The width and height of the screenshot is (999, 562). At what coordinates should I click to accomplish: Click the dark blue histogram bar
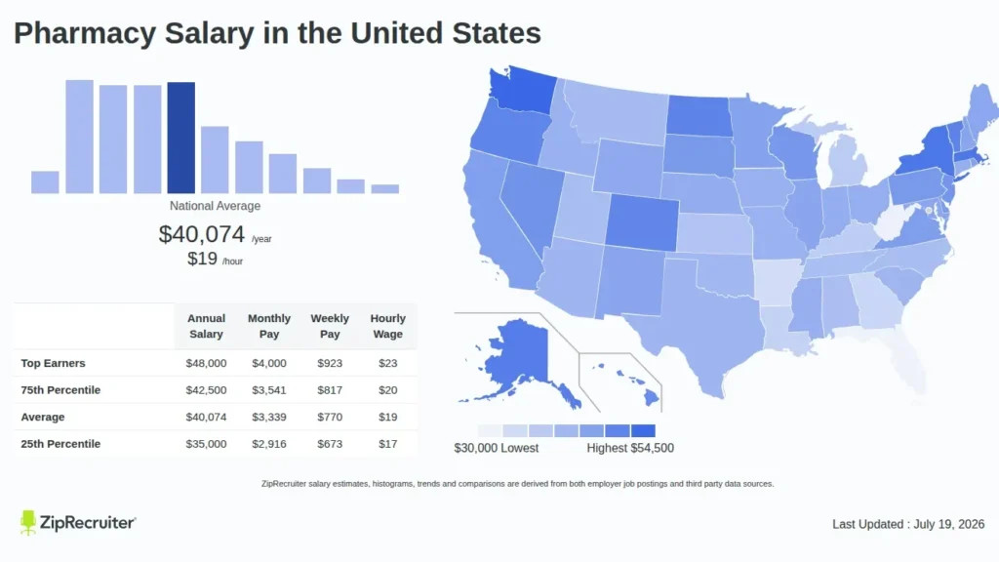(180, 138)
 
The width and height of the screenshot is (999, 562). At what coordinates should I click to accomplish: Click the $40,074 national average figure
(201, 234)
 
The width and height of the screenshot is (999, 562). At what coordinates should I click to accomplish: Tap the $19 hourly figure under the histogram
(202, 259)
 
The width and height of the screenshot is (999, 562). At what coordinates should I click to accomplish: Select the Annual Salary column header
(206, 326)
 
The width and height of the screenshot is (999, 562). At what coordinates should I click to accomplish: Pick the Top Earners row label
(53, 363)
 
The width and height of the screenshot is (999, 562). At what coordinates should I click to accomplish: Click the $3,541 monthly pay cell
(269, 390)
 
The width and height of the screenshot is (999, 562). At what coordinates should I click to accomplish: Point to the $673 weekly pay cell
(330, 444)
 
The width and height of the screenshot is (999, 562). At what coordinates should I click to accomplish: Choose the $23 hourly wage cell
(387, 363)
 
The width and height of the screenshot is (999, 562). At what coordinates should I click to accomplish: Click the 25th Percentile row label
(60, 444)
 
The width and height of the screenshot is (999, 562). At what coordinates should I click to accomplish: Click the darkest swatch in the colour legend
(643, 430)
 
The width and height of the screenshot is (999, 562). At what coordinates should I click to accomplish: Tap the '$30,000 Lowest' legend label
(497, 448)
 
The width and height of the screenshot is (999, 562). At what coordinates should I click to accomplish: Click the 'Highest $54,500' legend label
(630, 448)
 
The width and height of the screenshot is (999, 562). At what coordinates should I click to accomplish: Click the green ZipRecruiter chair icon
(27, 523)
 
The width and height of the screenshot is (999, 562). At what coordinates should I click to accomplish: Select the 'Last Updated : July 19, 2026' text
(908, 524)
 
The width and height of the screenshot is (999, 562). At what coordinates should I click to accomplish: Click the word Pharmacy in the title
(85, 34)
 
